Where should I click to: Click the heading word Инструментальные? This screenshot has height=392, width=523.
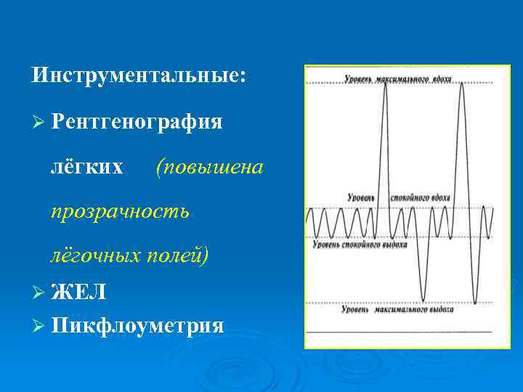click(x=139, y=75)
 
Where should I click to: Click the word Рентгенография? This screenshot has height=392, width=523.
click(x=137, y=121)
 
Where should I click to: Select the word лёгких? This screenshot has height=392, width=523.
click(x=86, y=167)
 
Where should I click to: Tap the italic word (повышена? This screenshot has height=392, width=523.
click(x=208, y=167)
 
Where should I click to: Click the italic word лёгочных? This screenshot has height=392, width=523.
click(x=96, y=256)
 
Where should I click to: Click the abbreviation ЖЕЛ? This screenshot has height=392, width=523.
click(x=79, y=292)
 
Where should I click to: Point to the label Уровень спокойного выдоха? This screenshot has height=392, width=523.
click(x=358, y=245)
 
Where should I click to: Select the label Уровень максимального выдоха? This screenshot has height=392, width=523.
click(x=397, y=309)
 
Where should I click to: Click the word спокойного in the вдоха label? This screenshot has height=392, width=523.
click(x=409, y=197)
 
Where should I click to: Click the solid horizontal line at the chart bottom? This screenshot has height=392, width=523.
click(x=398, y=331)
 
